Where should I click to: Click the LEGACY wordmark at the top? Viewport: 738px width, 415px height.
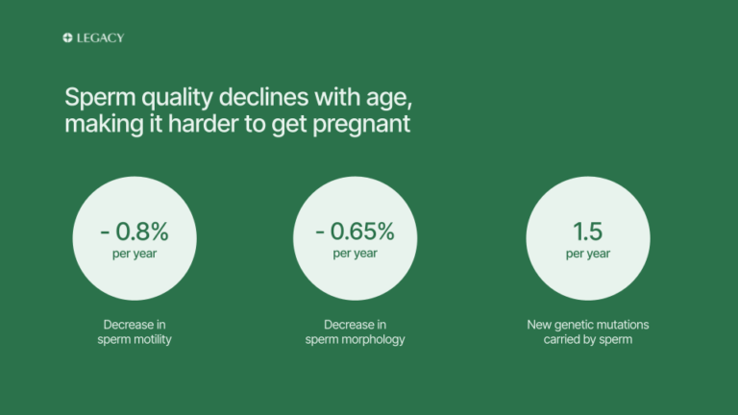pos(100,38)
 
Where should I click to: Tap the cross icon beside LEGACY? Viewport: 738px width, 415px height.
pos(67,38)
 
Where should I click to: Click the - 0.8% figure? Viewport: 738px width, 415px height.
pos(135,231)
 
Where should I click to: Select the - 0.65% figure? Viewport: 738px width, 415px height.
pos(356,231)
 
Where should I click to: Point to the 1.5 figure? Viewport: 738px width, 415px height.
pos(587,231)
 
